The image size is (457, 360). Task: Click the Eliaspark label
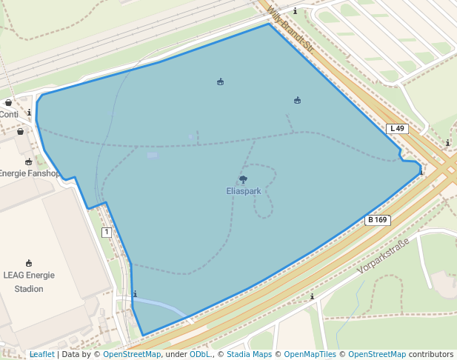(x=244, y=191)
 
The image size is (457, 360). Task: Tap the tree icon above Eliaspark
(x=243, y=179)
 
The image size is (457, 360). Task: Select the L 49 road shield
(x=397, y=129)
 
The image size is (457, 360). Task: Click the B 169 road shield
(x=378, y=220)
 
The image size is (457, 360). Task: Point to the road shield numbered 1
(x=107, y=233)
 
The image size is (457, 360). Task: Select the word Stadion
(x=29, y=289)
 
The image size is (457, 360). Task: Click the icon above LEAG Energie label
(x=29, y=263)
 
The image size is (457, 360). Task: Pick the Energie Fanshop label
(x=30, y=173)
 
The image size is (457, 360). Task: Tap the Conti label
(x=9, y=115)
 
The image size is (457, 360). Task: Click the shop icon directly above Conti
(x=8, y=103)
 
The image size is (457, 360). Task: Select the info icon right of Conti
(x=29, y=113)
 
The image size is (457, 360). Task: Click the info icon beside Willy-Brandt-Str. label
(x=296, y=11)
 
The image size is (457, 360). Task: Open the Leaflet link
(x=41, y=355)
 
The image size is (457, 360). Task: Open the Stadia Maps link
(x=249, y=355)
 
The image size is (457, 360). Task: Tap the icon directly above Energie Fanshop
(x=29, y=161)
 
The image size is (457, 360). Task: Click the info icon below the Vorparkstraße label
(x=312, y=297)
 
